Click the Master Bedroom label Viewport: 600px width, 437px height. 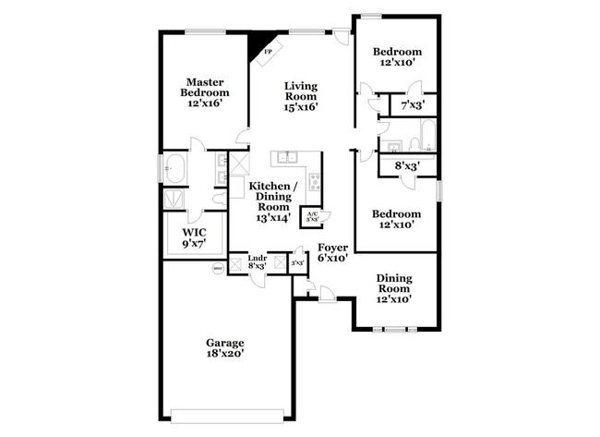(204, 92)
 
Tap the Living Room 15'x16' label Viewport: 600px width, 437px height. (301, 95)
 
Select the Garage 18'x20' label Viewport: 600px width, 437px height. (225, 347)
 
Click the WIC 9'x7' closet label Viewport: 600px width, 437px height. (194, 237)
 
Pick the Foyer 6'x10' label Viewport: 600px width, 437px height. (332, 253)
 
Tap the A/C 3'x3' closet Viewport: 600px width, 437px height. (312, 215)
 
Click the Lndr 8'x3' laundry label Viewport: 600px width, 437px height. (257, 262)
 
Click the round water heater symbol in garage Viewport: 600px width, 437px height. (218, 269)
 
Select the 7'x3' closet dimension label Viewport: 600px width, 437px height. (412, 106)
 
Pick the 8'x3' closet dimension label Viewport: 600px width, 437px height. (407, 166)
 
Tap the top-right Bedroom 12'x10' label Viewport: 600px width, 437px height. (397, 57)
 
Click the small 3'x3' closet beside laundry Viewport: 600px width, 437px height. (297, 263)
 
